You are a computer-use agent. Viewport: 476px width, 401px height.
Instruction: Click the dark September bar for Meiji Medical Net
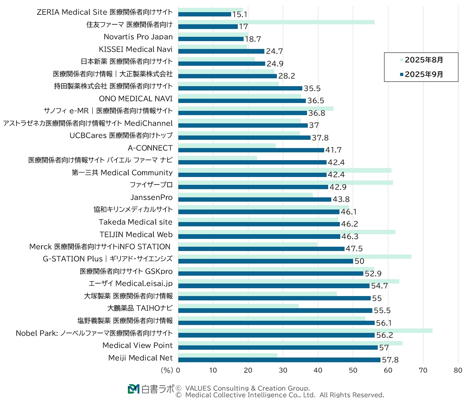pyautogui.click(x=279, y=360)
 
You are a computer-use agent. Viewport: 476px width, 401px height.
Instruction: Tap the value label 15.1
pyautogui.click(x=240, y=14)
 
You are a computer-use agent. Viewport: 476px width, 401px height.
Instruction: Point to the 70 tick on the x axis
pyautogui.click(x=423, y=370)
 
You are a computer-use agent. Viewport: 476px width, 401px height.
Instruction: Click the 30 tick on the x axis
pyautogui.click(x=283, y=370)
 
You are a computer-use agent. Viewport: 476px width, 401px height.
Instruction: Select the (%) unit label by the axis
pyautogui.click(x=167, y=370)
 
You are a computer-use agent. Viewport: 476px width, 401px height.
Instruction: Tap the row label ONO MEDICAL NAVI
pyautogui.click(x=135, y=99)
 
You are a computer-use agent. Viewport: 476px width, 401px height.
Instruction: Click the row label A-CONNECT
pyautogui.click(x=150, y=148)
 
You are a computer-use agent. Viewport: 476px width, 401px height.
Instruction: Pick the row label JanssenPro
pyautogui.click(x=151, y=197)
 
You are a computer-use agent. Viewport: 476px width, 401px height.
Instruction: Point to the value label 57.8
pyautogui.click(x=390, y=360)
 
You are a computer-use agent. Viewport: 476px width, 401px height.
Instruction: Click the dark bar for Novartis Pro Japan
pyautogui.click(x=211, y=39)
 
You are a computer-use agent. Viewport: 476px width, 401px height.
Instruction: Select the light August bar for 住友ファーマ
pyautogui.click(x=276, y=22)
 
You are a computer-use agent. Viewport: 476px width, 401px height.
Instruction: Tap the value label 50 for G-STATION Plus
pyautogui.click(x=359, y=261)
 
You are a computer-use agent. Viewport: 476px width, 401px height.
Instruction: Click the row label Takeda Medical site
pyautogui.click(x=135, y=222)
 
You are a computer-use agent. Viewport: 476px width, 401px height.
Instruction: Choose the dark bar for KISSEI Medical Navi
pyautogui.click(x=221, y=51)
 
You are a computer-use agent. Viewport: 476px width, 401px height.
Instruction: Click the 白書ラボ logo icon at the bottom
pyautogui.click(x=133, y=389)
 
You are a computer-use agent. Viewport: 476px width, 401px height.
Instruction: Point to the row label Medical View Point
pyautogui.click(x=137, y=345)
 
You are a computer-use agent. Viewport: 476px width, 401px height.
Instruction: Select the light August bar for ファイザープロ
pyautogui.click(x=286, y=183)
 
